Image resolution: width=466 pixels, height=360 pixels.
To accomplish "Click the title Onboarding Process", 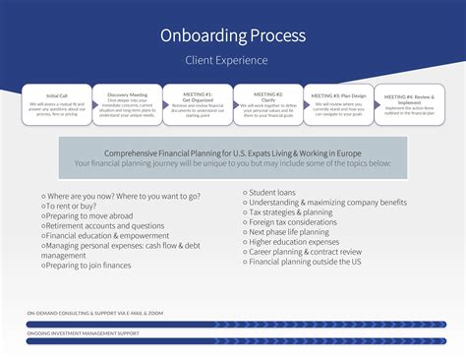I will click(x=232, y=36).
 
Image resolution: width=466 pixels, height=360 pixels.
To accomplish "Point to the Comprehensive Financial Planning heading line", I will click(x=233, y=154).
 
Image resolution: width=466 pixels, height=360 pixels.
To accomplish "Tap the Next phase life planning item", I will click(x=295, y=232).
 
